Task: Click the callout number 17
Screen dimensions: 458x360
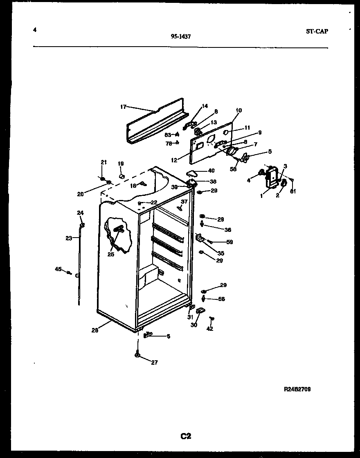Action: (123, 107)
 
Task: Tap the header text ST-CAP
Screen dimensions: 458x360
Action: (316, 31)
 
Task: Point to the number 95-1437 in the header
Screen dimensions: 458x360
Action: (181, 36)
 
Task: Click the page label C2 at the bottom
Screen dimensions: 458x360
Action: (186, 436)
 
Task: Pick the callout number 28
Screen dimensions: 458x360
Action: (94, 330)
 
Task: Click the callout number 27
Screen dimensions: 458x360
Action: (154, 362)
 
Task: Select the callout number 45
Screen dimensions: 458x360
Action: (58, 269)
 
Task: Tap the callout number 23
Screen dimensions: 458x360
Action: (69, 238)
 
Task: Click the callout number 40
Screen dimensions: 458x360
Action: (211, 171)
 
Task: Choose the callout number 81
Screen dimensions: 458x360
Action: (292, 191)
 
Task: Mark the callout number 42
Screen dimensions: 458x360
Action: (210, 328)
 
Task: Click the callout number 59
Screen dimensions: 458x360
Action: (229, 242)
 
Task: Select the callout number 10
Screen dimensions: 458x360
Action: (239, 110)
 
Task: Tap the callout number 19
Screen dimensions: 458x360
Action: (121, 164)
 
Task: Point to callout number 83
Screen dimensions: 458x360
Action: (168, 135)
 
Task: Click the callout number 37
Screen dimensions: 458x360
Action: (184, 202)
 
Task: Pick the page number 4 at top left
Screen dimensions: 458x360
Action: (35, 29)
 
